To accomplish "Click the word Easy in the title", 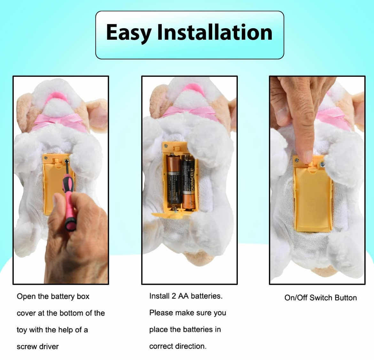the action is [129, 33].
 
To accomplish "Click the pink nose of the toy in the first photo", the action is [57, 98].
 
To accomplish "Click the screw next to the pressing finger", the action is [323, 164].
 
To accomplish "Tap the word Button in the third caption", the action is [346, 298].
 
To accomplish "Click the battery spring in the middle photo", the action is [175, 207].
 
